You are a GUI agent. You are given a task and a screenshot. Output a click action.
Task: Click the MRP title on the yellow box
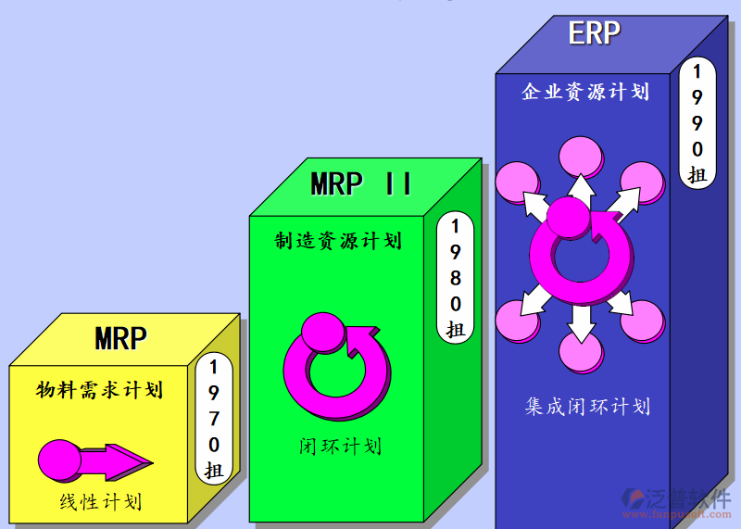point(120,338)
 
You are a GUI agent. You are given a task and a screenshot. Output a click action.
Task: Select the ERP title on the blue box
point(594,33)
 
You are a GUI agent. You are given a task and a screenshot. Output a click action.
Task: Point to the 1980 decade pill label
point(455,277)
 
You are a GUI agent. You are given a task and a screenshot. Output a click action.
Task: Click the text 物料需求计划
point(100,389)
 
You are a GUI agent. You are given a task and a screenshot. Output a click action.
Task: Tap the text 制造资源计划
point(338,241)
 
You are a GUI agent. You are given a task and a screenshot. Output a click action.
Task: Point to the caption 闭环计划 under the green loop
point(340,446)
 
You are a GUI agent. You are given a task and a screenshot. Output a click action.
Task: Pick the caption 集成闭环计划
point(587,406)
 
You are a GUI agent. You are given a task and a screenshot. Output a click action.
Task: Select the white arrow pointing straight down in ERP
point(581,321)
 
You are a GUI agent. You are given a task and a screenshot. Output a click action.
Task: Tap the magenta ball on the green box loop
point(323,332)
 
